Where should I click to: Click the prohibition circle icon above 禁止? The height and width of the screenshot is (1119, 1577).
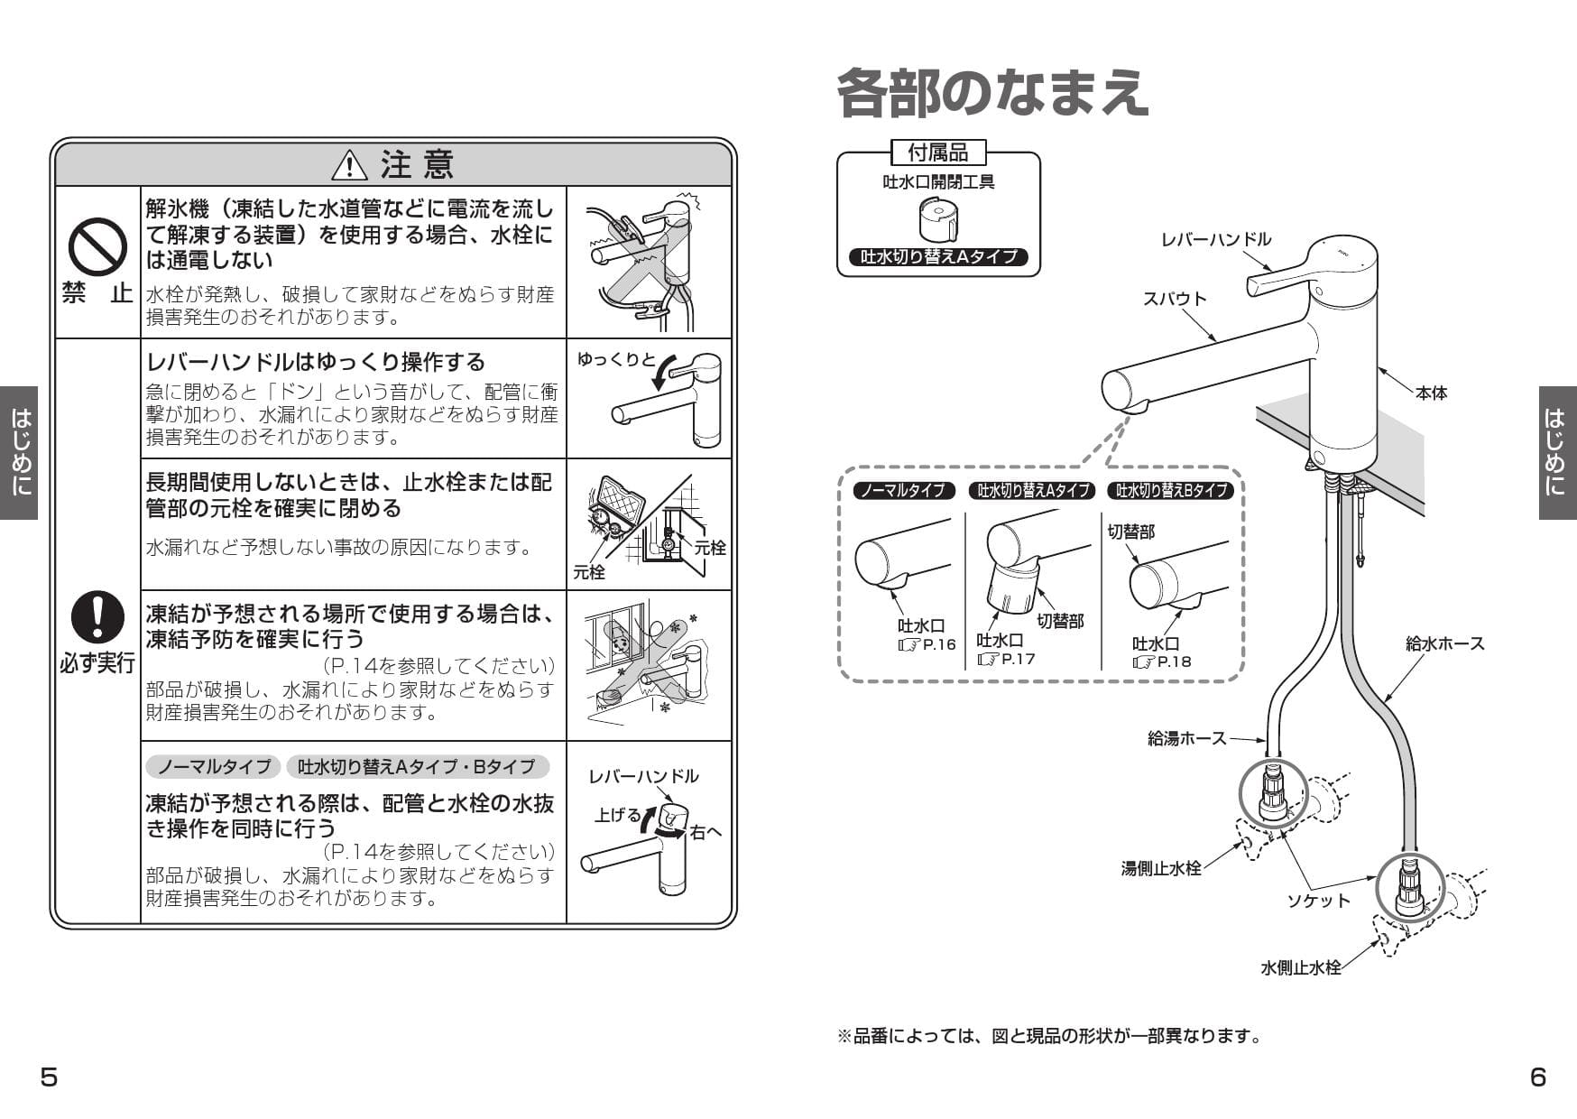(x=97, y=247)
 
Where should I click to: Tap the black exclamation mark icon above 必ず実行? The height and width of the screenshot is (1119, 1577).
(x=97, y=617)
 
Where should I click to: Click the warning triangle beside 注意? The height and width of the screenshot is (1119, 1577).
(x=349, y=165)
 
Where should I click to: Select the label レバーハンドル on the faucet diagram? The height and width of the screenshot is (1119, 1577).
(x=1215, y=239)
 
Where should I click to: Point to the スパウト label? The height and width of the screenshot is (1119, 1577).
(x=1174, y=299)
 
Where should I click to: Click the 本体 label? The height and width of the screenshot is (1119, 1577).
(x=1431, y=393)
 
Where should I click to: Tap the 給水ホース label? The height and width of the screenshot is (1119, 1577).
(x=1444, y=643)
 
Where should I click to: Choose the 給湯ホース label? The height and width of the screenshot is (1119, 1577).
(x=1186, y=738)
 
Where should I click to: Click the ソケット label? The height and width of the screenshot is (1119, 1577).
(x=1318, y=900)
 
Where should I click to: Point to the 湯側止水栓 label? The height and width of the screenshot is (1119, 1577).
(x=1160, y=868)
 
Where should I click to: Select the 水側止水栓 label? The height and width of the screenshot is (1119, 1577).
(x=1300, y=967)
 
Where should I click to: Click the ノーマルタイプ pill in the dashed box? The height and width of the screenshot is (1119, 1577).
(x=903, y=491)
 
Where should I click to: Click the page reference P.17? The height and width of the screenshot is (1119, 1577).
(x=1017, y=659)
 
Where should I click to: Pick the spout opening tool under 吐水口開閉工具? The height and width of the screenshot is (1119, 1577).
(x=938, y=219)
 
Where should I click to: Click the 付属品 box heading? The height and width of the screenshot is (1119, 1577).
(x=938, y=152)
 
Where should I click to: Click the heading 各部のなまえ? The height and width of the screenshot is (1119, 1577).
(x=991, y=93)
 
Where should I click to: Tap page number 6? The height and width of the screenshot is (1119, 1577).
(x=1538, y=1077)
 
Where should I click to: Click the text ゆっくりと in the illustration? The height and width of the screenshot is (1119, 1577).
(x=616, y=359)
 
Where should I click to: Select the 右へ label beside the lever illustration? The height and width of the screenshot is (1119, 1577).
(x=705, y=832)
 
